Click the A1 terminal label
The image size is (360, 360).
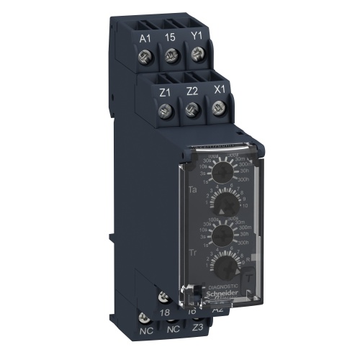(x=145, y=37)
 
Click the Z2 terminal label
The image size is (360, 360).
(x=191, y=91)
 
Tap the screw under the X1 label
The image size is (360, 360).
(x=217, y=109)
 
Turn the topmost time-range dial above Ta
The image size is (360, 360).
(x=224, y=170)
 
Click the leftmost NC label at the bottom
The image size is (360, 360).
(x=146, y=333)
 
